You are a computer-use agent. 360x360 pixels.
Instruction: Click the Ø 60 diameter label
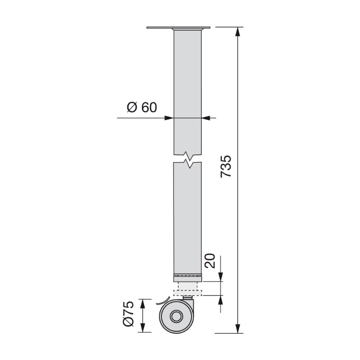(141, 108)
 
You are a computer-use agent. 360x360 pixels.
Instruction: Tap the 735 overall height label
(226, 166)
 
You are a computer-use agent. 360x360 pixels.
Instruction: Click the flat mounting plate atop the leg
(179, 28)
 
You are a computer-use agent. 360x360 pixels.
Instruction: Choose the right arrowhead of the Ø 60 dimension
(206, 118)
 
